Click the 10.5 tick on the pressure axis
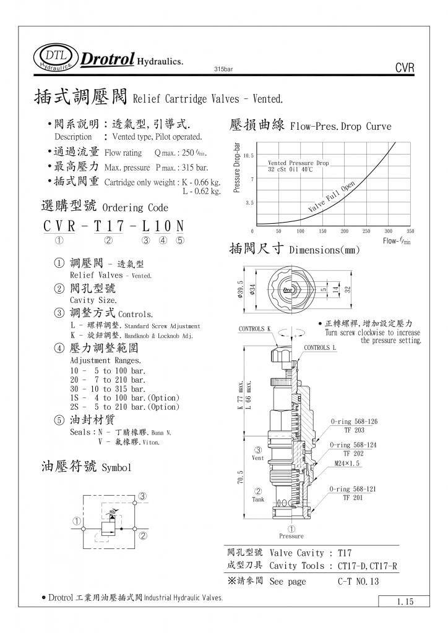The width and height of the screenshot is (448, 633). click(248, 156)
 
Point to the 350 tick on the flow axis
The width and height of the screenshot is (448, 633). click(410, 231)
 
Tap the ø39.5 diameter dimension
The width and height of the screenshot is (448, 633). click(241, 289)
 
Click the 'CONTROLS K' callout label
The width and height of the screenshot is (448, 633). click(254, 329)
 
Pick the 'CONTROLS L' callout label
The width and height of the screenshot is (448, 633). click(320, 347)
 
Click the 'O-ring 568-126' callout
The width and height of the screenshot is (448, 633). click(353, 421)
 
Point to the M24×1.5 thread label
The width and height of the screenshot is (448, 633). click(347, 462)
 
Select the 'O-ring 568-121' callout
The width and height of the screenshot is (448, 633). click(353, 489)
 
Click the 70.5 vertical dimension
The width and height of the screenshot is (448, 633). click(241, 478)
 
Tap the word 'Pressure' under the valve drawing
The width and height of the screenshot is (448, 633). click(291, 536)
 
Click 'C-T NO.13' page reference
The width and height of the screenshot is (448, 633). click(358, 582)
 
